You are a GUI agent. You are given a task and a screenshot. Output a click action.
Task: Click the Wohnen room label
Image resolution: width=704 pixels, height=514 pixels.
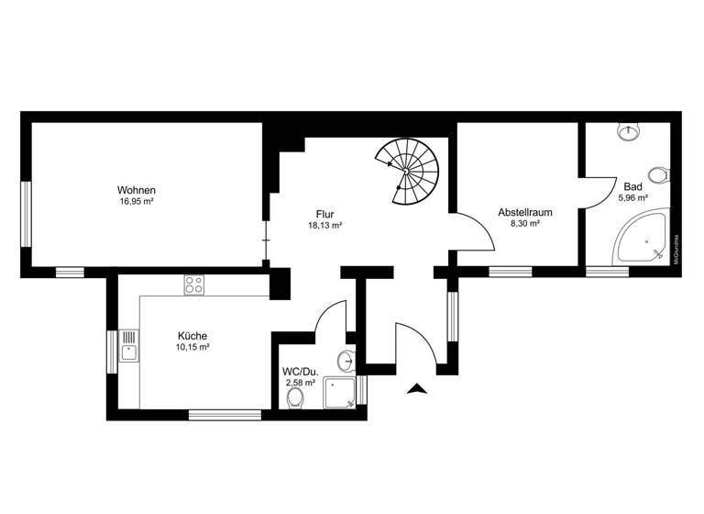(x=136, y=190)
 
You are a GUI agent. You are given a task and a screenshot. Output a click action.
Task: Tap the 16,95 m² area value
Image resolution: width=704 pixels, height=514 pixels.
(x=136, y=201)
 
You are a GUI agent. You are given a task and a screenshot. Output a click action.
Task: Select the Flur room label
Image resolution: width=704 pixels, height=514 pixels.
(x=325, y=214)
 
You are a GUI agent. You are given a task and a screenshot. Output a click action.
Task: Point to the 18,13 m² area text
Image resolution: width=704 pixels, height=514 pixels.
(x=325, y=225)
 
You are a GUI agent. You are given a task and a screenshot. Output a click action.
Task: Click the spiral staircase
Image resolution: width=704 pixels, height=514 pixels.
(x=412, y=170)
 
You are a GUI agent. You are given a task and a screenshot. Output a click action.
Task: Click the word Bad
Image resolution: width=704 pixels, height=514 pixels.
(x=632, y=186)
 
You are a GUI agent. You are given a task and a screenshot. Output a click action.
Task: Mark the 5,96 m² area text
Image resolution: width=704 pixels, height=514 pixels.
(x=632, y=197)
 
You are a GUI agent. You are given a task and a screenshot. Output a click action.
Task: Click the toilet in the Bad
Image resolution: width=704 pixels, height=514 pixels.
(x=657, y=173)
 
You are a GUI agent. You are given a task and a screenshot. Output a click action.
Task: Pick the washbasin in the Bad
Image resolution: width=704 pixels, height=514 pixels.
(x=628, y=134)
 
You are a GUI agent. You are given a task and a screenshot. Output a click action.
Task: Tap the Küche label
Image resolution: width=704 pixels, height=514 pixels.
(x=192, y=337)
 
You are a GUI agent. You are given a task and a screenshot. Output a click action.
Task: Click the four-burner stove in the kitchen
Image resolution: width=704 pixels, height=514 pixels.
(x=194, y=285)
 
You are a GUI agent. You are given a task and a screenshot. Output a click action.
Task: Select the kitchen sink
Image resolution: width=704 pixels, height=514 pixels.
(x=129, y=350)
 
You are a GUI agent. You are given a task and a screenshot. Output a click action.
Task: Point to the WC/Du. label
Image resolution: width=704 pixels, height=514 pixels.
(x=300, y=372)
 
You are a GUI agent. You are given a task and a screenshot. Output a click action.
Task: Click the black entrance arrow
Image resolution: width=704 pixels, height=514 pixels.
(x=418, y=389)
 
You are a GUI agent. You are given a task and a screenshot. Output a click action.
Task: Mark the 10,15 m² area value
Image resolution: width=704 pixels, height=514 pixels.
(x=192, y=348)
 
